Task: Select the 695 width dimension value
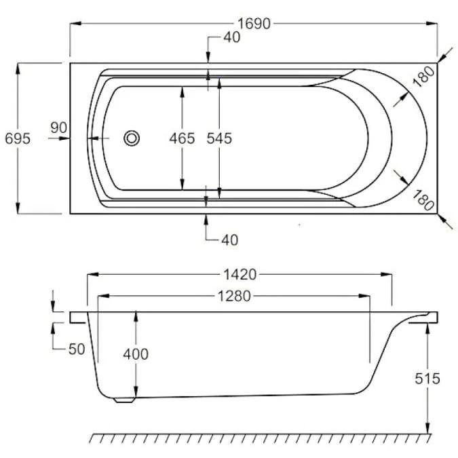[17, 138]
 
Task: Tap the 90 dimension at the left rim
[58, 128]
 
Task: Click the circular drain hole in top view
[132, 138]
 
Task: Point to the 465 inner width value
[182, 138]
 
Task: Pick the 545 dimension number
[218, 138]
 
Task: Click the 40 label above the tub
[231, 38]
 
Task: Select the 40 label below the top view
[231, 240]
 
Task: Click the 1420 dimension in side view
[240, 275]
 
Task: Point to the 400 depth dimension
[136, 354]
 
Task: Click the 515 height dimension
[429, 378]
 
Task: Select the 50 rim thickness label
[77, 349]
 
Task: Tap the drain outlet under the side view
[123, 400]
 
